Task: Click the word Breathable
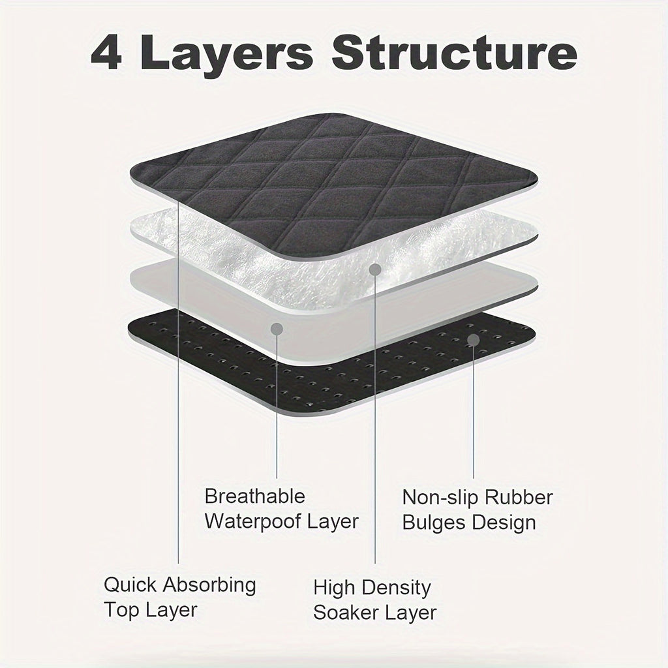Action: tap(255, 496)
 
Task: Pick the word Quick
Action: tap(130, 584)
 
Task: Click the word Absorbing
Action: tap(209, 586)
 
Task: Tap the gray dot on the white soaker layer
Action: tap(375, 269)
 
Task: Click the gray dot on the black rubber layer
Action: tap(474, 339)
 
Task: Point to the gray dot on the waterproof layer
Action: tap(277, 329)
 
